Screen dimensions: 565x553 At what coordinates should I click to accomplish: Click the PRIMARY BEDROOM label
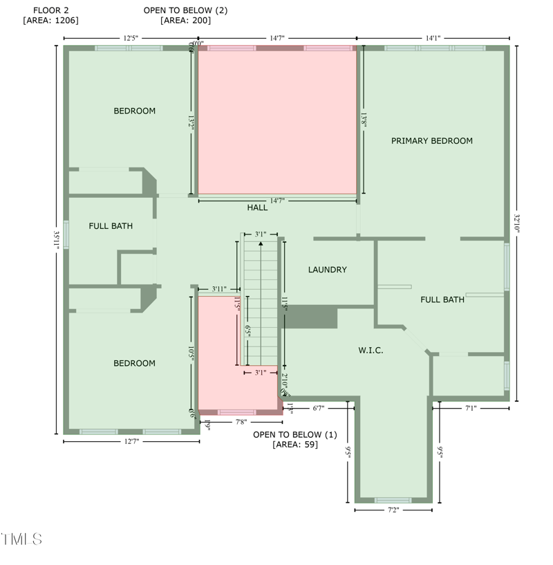click(432, 141)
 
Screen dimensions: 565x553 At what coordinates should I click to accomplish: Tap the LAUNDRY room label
click(328, 270)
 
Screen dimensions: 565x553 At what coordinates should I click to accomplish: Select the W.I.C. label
click(371, 351)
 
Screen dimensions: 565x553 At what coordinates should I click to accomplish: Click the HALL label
click(257, 207)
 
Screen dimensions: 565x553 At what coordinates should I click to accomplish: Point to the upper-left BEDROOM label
click(135, 111)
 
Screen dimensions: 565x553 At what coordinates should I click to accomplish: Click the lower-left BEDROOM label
click(135, 363)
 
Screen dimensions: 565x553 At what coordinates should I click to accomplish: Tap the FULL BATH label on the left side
click(111, 226)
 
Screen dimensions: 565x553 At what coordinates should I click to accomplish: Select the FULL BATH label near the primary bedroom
click(442, 299)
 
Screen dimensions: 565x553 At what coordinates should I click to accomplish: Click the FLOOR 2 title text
click(50, 10)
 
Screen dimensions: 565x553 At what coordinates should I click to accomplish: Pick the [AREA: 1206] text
click(50, 21)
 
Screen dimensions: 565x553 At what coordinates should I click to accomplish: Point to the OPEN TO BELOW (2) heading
click(185, 10)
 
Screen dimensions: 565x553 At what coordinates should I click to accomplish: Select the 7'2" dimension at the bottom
click(393, 510)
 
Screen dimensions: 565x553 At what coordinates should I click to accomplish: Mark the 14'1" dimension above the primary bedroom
click(433, 39)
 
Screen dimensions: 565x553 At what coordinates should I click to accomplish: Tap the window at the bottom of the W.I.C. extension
click(393, 500)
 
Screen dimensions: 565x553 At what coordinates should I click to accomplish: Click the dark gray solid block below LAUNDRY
click(311, 318)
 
